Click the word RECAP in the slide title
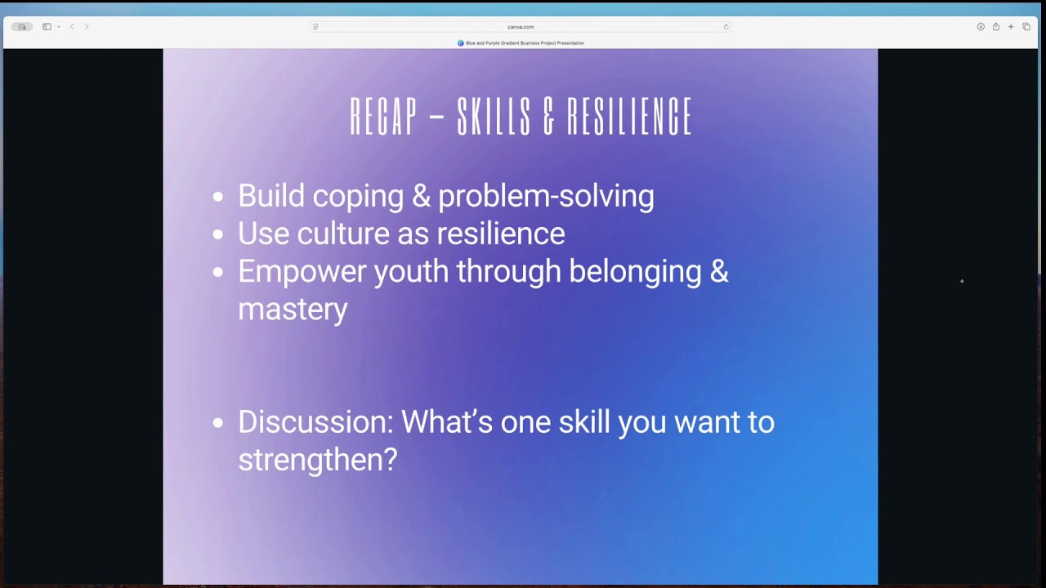[383, 116]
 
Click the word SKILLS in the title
[494, 116]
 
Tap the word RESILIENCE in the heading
[629, 116]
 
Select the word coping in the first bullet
[358, 197]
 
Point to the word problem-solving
[547, 197]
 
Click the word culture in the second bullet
[343, 234]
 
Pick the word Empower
[302, 272]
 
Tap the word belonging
[635, 272]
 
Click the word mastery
[293, 310]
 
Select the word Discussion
[315, 422]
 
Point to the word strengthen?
[318, 460]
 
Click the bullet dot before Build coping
[218, 197]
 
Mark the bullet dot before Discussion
[218, 423]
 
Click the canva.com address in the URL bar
[521, 27]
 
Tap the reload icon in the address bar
[726, 27]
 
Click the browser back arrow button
[73, 27]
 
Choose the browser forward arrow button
[87, 27]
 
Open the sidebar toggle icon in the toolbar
[47, 27]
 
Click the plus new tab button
[1011, 27]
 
